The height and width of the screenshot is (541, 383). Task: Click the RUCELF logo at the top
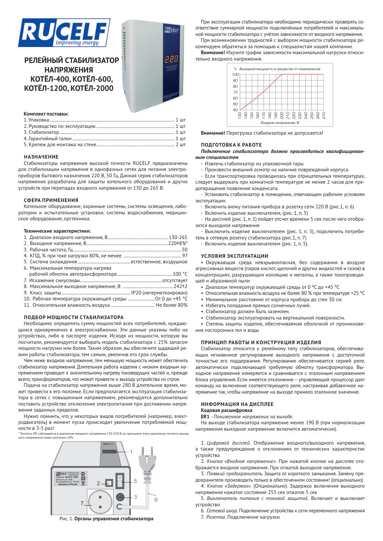64,33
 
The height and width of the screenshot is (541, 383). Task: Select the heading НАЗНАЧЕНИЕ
41,157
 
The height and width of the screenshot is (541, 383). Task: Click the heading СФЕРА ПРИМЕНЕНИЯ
51,200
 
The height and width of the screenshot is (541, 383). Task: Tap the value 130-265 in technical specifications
178,237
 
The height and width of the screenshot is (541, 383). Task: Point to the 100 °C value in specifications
180,274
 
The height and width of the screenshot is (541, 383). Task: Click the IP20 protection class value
159,292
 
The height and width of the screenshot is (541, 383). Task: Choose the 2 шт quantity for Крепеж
181,145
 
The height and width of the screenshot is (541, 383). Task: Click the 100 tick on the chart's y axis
235,74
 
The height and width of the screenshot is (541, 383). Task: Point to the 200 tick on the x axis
282,115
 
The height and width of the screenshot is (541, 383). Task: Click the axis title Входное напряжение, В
280,123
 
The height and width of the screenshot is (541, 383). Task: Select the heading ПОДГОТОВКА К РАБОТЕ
231,145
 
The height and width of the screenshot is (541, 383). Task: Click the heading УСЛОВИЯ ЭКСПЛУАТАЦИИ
235,256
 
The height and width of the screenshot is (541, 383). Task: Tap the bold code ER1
205,417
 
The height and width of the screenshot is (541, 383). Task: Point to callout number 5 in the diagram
135,481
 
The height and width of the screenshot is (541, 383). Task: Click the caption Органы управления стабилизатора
114,519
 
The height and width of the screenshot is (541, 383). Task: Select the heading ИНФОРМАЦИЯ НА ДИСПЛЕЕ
237,404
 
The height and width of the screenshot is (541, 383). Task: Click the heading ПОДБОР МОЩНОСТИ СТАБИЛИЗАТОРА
73,318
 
